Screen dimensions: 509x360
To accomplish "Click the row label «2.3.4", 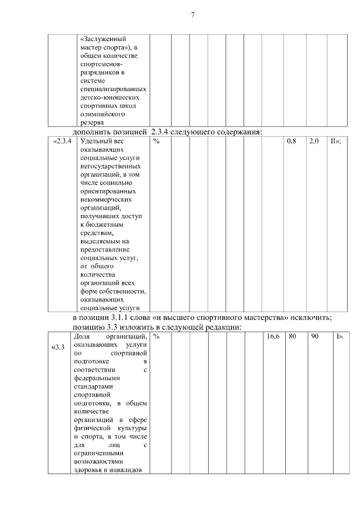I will click(x=62, y=141).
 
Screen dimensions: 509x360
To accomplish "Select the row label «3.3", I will click(x=58, y=346).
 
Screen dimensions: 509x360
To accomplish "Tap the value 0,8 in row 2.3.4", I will click(x=291, y=141).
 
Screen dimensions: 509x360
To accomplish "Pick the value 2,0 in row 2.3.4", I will click(x=314, y=141).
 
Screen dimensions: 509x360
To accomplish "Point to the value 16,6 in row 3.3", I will click(x=273, y=336).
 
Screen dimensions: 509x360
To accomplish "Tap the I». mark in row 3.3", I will click(x=340, y=336).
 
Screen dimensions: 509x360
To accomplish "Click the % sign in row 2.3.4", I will click(x=156, y=141).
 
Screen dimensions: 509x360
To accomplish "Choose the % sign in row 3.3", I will click(x=156, y=336).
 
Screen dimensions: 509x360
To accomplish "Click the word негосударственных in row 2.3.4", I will click(x=110, y=166).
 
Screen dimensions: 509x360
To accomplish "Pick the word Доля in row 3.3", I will click(x=83, y=336).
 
